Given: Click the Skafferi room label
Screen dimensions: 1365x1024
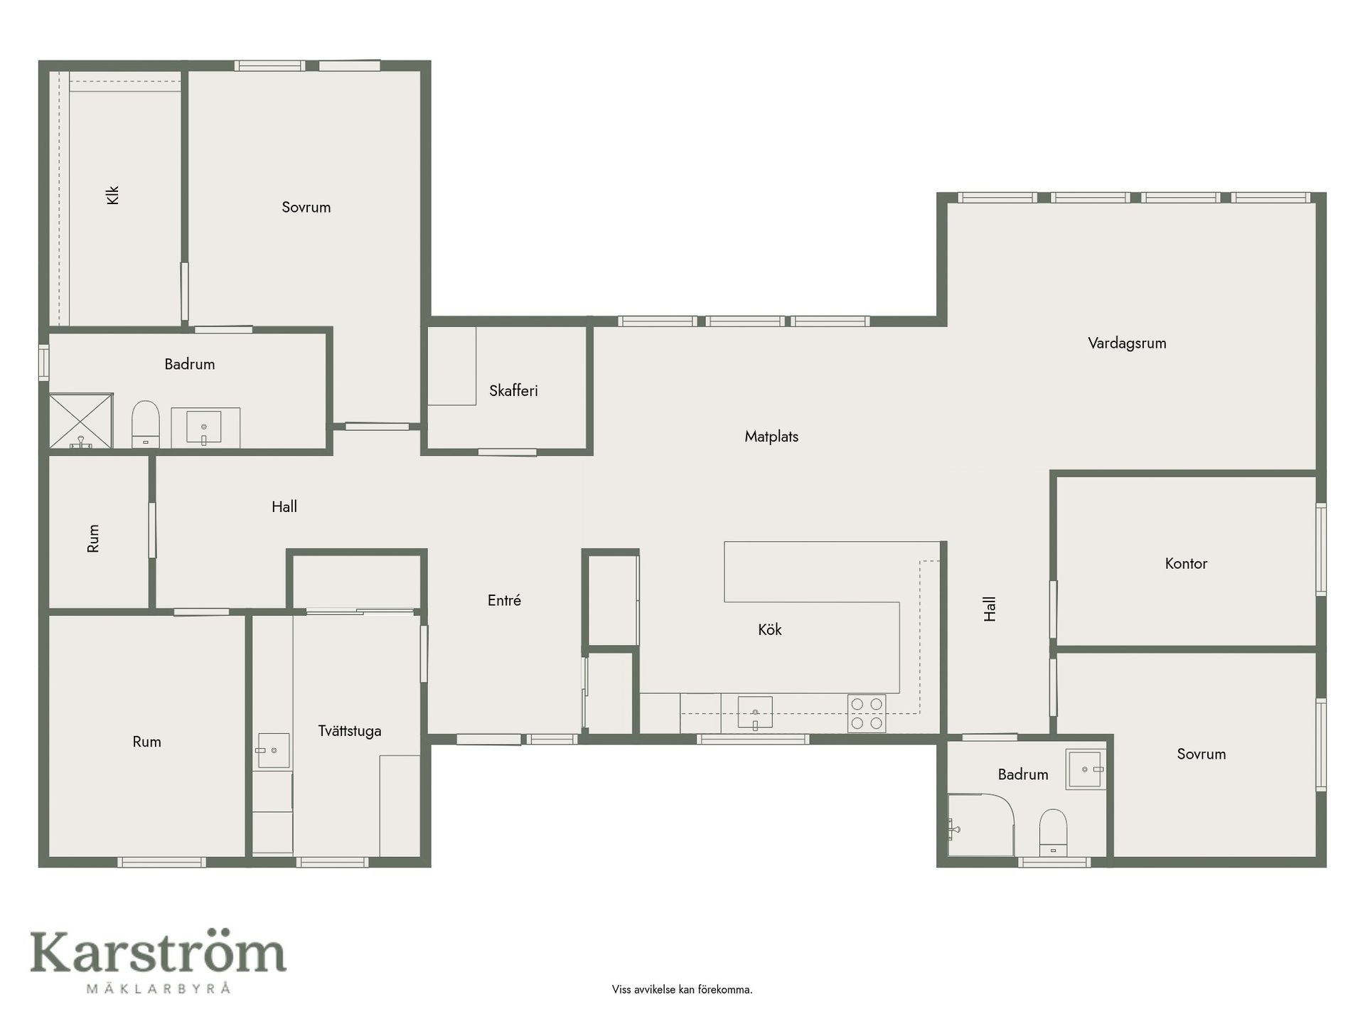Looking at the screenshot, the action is pyautogui.click(x=513, y=390).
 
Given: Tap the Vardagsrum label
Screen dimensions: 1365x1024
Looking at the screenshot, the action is pyautogui.click(x=1127, y=343).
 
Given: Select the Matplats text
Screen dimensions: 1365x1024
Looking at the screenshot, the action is pyautogui.click(x=771, y=437).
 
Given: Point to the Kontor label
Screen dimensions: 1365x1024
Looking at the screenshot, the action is pyautogui.click(x=1186, y=564).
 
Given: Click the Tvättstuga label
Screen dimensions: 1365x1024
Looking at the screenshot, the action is pyautogui.click(x=350, y=731).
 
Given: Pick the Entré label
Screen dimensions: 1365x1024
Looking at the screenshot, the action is pyautogui.click(x=504, y=601).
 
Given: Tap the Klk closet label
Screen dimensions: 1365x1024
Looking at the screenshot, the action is pyautogui.click(x=112, y=195).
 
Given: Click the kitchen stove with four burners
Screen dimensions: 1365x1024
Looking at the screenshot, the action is pyautogui.click(x=867, y=713).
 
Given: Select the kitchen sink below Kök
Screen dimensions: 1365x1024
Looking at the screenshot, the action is pyautogui.click(x=755, y=713).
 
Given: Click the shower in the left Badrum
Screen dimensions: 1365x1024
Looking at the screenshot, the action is pyautogui.click(x=81, y=421).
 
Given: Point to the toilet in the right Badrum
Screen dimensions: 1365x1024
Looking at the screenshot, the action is pyautogui.click(x=1053, y=833).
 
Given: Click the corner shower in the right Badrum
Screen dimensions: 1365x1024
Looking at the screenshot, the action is pyautogui.click(x=981, y=825).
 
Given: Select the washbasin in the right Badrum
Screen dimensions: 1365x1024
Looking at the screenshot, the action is pyautogui.click(x=1086, y=769).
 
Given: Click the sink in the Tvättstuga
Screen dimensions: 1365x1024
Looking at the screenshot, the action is pyautogui.click(x=273, y=751).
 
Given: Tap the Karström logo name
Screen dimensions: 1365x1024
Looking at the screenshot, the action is pyautogui.click(x=158, y=953).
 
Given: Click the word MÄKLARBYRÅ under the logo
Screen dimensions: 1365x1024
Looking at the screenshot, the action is pyautogui.click(x=158, y=988).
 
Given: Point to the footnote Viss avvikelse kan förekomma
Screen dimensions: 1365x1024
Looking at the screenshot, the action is pyautogui.click(x=682, y=989).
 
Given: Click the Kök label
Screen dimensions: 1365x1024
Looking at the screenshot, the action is pyautogui.click(x=770, y=630).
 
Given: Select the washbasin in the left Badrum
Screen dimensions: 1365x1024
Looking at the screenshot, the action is pyautogui.click(x=204, y=427).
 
